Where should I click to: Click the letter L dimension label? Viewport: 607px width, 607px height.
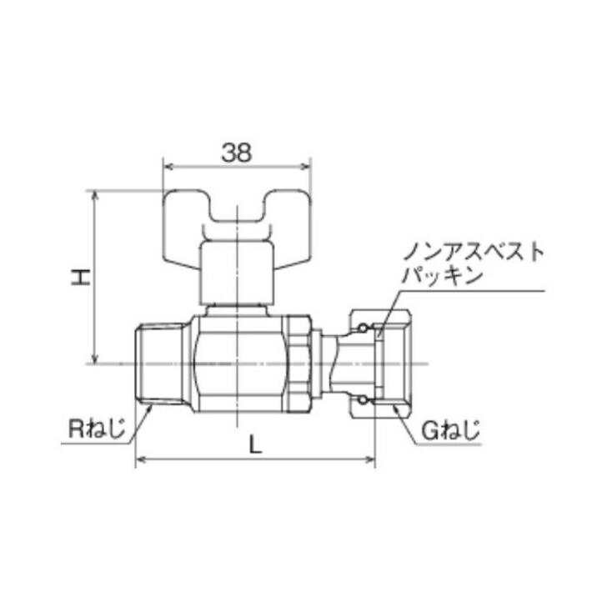pos(255,444)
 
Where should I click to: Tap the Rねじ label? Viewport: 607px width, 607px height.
pos(95,431)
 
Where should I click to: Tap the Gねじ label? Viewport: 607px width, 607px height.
pos(450,431)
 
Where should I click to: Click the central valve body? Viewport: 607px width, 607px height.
pos(242,364)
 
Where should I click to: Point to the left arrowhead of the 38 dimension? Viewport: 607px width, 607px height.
pos(164,165)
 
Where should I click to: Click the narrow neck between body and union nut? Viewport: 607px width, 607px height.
pos(334,364)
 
